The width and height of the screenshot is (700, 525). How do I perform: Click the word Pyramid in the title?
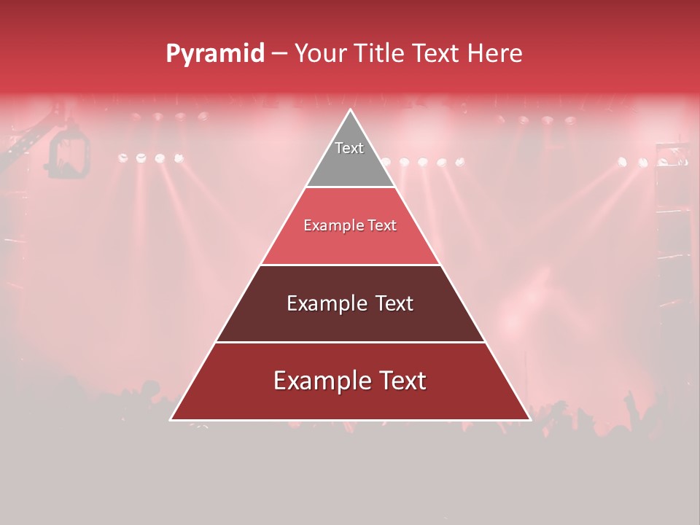tap(214, 53)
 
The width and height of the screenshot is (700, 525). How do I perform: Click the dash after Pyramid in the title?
tap(279, 54)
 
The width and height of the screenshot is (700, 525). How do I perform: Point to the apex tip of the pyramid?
tap(350, 111)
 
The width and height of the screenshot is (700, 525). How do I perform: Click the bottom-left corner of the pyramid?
tap(172, 419)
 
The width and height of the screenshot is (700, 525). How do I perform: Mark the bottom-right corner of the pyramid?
tap(529, 419)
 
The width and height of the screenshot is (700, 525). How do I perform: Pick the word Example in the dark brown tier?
tap(324, 303)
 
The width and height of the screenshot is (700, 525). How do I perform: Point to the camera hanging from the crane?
tap(69, 155)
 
